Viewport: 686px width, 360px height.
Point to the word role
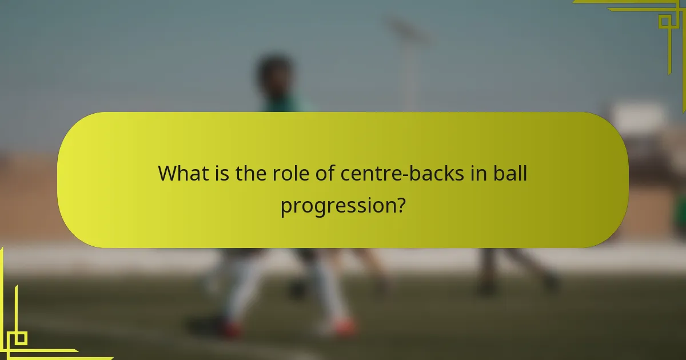[289, 173]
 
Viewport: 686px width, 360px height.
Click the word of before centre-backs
[325, 173]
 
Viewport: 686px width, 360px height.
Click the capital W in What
[168, 173]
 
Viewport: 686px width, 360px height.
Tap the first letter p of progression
[285, 207]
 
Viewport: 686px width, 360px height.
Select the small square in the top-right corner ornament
[664, 22]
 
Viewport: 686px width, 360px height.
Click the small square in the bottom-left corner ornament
[19, 338]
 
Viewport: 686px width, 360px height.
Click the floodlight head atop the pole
[407, 31]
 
